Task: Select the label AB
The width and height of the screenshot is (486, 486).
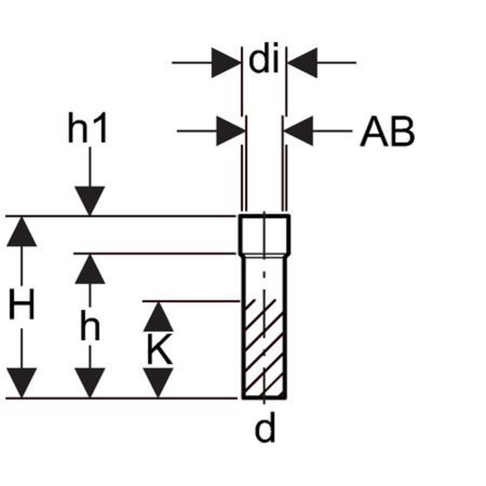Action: [x=387, y=131]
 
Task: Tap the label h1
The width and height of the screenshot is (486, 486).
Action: [x=87, y=127]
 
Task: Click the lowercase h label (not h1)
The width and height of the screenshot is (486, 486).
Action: [x=90, y=325]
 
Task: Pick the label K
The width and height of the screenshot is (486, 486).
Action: [x=159, y=349]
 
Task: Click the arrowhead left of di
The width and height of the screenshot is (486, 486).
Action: [x=226, y=63]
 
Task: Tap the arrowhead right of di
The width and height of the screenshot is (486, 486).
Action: [x=302, y=63]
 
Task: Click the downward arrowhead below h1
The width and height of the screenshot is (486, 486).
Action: [x=90, y=201]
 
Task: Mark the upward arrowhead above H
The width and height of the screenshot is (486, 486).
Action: [x=22, y=232]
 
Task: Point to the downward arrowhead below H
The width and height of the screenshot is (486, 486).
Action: [x=22, y=382]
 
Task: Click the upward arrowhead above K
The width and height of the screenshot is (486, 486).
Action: [x=158, y=317]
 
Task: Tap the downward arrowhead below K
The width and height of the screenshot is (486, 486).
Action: [x=158, y=382]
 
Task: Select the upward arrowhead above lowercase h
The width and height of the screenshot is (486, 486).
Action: [x=90, y=269]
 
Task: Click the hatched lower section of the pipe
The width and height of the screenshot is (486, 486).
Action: [x=264, y=349]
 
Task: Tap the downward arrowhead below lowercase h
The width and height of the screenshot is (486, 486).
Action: [x=90, y=382]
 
